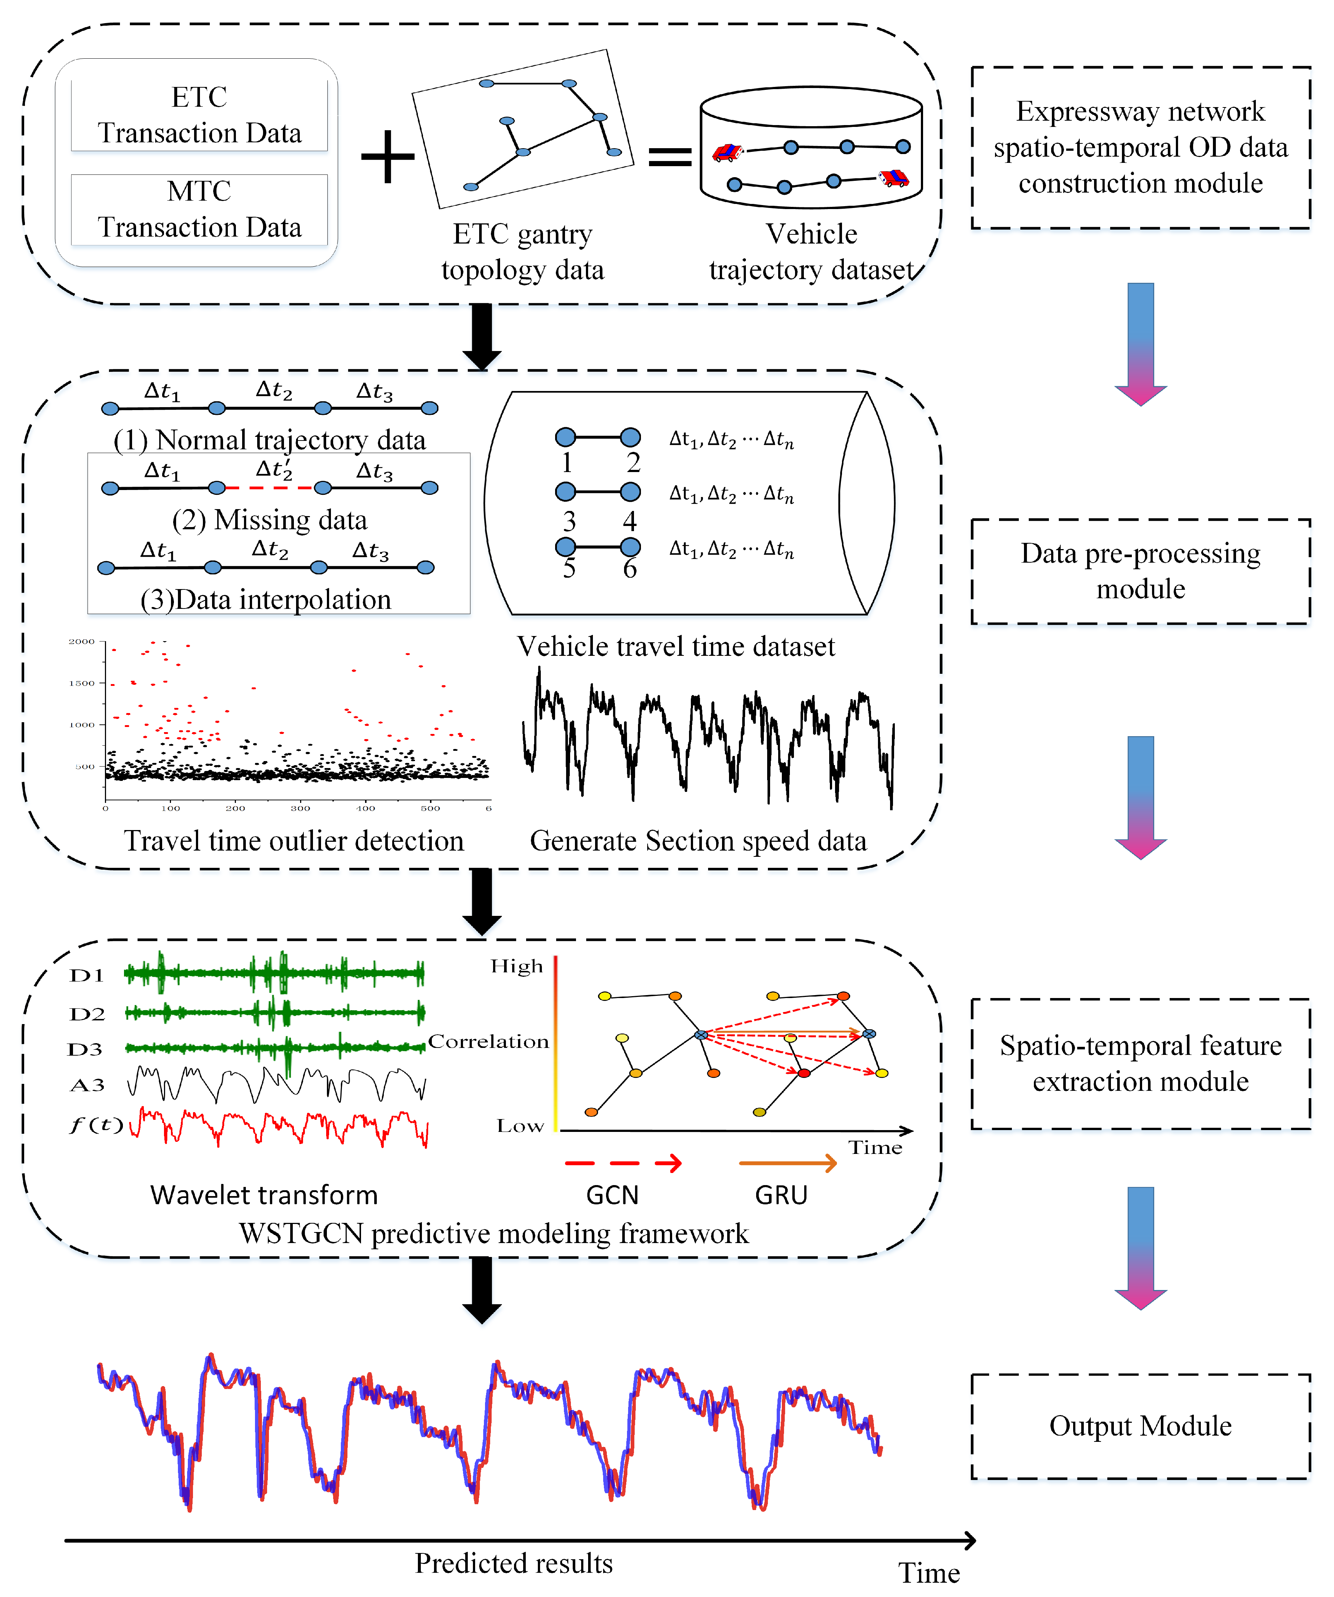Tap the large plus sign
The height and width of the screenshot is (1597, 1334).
(x=388, y=157)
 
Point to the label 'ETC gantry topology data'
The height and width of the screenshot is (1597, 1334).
(x=522, y=252)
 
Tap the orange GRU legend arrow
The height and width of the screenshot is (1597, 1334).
(x=787, y=1163)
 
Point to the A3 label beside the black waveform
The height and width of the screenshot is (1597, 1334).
(x=87, y=1085)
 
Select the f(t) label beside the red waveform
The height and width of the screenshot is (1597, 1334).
(x=96, y=1125)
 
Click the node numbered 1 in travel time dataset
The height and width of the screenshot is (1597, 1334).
(x=565, y=437)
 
